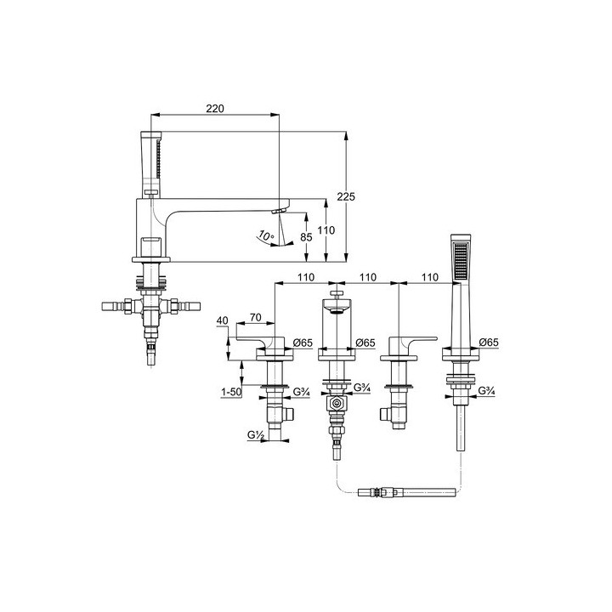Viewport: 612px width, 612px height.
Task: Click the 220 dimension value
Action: (215, 109)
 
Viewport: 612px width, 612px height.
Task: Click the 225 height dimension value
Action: (346, 196)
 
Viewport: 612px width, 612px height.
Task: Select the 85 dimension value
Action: (306, 237)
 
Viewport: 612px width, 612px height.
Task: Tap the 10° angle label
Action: (266, 236)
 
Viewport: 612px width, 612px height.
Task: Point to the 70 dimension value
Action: (256, 317)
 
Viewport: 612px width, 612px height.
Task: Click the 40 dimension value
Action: (222, 320)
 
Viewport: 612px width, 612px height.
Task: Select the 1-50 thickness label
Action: (231, 392)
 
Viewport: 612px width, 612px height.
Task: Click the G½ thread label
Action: (256, 434)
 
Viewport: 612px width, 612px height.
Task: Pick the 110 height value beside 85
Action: (326, 230)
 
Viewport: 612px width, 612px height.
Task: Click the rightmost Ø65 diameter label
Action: (489, 343)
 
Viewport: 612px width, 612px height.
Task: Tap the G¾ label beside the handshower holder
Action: (487, 390)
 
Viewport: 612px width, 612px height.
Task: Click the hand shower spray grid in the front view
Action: (461, 262)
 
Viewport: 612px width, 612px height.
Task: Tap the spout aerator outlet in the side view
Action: (279, 211)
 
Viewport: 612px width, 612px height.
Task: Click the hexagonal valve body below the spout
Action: (336, 404)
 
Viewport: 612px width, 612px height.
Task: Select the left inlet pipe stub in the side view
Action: (113, 306)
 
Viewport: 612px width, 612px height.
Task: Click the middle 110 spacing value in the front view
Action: (368, 277)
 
